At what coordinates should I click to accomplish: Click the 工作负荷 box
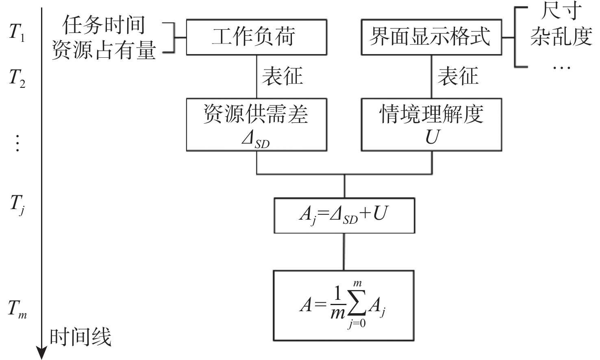[x=256, y=37]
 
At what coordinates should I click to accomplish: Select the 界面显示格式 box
[x=431, y=37]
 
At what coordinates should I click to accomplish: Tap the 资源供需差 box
[x=256, y=124]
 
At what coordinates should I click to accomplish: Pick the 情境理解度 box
[x=431, y=124]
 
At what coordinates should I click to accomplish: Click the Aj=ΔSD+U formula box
[x=344, y=215]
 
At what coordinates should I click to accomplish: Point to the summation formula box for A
[x=343, y=305]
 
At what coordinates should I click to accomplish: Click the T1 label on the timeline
[x=17, y=33]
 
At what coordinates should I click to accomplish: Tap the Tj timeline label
[x=17, y=204]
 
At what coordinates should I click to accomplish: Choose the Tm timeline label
[x=17, y=309]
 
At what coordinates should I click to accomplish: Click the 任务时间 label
[x=104, y=25]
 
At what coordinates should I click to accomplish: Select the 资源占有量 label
[x=104, y=50]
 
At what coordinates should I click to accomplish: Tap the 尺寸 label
[x=561, y=11]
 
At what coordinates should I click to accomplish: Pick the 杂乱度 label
[x=561, y=36]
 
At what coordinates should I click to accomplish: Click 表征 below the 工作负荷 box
[x=283, y=76]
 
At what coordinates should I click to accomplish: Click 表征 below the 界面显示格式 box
[x=458, y=76]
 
